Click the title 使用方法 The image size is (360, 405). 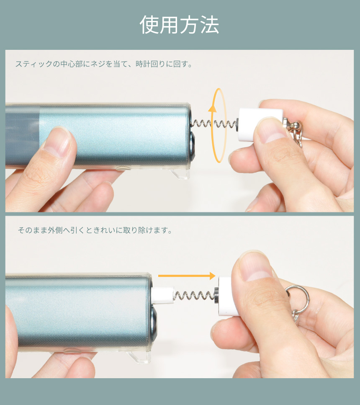(179, 25)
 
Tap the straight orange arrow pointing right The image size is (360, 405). (186, 276)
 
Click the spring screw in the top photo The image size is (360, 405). (214, 124)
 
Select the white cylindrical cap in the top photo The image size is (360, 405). (261, 124)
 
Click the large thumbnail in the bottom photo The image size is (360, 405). (255, 266)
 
